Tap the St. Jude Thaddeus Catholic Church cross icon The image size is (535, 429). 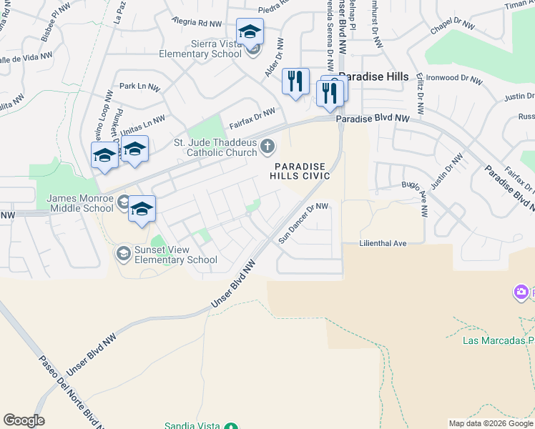[x=267, y=147]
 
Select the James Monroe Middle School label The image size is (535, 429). [x=80, y=203]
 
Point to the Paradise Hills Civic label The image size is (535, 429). [x=300, y=171]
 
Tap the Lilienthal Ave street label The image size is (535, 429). [x=383, y=244]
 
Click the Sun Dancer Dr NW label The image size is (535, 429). [x=303, y=222]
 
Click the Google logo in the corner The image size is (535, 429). [x=24, y=420]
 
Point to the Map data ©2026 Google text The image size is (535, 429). [x=490, y=423]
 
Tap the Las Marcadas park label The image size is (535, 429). [x=498, y=340]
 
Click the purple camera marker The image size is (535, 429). [x=521, y=292]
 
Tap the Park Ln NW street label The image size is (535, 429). [x=139, y=87]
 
